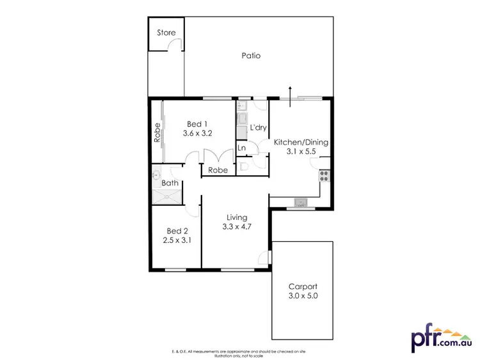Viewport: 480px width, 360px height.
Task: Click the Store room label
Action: point(166,33)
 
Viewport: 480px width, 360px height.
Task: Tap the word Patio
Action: point(251,56)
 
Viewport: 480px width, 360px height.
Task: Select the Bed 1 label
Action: point(197,124)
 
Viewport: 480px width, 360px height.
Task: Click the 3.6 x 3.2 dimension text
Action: point(197,134)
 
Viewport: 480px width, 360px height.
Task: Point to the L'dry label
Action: point(258,128)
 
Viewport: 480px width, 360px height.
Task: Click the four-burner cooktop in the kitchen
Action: point(324,176)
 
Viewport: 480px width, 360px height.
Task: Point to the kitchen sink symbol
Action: point(300,203)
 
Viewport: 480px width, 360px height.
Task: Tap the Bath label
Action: point(170,184)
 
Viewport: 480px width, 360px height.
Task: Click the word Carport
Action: point(303,287)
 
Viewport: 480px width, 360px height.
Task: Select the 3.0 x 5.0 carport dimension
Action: point(303,297)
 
